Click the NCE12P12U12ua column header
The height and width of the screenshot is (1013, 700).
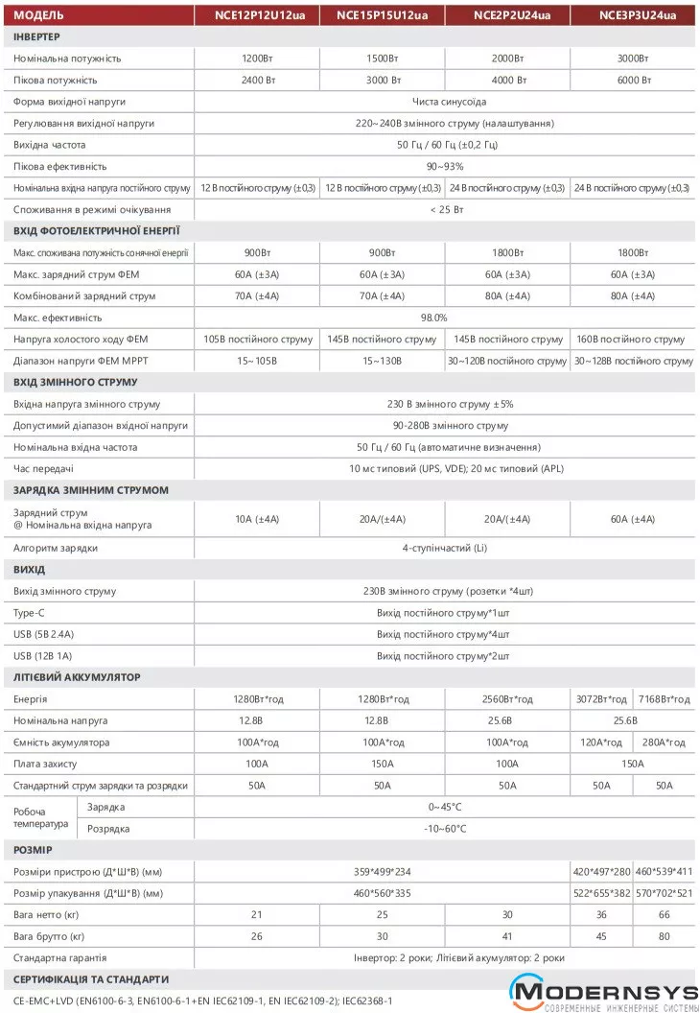click(x=256, y=15)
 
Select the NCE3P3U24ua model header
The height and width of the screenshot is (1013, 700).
click(x=637, y=15)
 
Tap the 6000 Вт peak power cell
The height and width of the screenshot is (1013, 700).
click(x=634, y=80)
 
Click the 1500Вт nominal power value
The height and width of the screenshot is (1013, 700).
click(x=382, y=59)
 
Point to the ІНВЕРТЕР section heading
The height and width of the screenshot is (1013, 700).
click(x=37, y=36)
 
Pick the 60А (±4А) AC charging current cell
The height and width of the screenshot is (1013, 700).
click(x=633, y=519)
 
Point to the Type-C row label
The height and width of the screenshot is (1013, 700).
click(x=32, y=613)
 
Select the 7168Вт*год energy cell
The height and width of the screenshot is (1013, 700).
click(x=665, y=699)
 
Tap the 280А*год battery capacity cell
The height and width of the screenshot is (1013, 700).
click(x=665, y=742)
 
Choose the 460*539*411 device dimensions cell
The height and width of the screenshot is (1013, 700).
click(x=665, y=872)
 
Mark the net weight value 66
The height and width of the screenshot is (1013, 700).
click(x=665, y=915)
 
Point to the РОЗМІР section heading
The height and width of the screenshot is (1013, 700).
click(x=34, y=850)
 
